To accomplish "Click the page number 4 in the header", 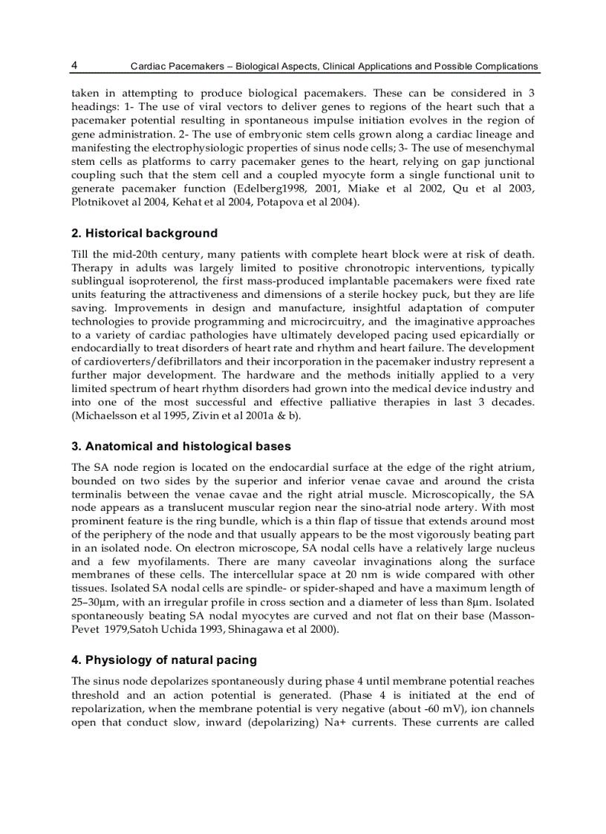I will point(75,65).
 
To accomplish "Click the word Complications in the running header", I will point(503,66).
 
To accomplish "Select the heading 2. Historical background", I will point(144,234).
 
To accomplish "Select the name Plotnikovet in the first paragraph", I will point(100,202).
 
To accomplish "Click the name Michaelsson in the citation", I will point(106,415).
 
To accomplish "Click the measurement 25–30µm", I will point(94,602).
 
